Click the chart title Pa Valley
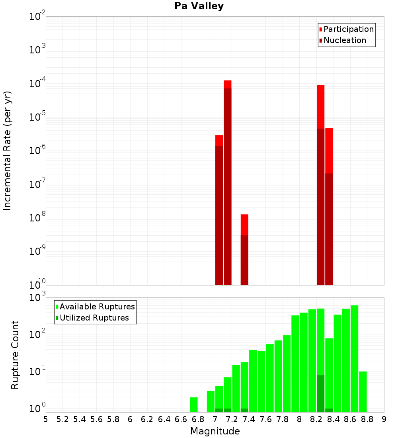pos(199,6)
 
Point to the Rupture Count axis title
pos(15,355)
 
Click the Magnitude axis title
pos(215,431)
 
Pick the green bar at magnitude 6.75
pos(194,405)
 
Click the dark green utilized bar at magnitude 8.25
pos(321,393)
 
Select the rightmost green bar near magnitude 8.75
pos(363,392)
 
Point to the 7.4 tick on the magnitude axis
pos(249,419)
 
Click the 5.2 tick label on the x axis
pos(62,419)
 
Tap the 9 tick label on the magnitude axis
pos(384,419)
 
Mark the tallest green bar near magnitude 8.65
pos(354,358)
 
